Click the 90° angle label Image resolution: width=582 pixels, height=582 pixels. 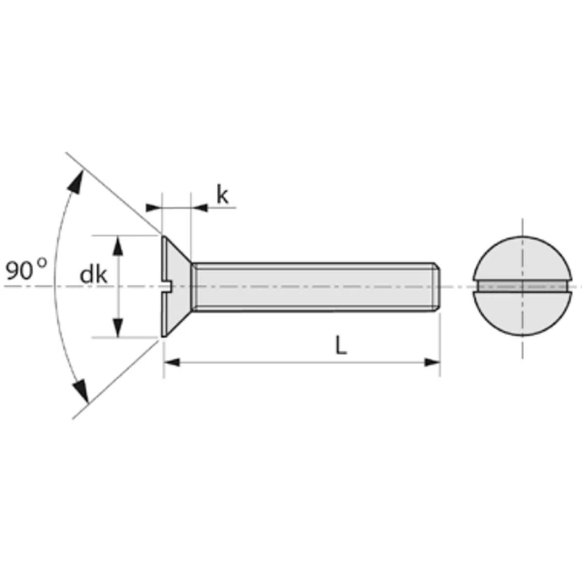pos(24,270)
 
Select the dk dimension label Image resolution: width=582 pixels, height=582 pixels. pos(93,275)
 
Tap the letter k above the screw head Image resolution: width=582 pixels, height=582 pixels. pos(222,195)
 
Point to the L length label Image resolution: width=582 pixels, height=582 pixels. pos(341,345)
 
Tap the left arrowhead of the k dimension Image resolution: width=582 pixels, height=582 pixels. pos(153,207)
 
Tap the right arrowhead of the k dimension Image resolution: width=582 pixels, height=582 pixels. pos(200,207)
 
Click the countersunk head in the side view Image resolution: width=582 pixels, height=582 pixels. pos(175,287)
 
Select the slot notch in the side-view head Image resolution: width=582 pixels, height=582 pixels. pos(167,286)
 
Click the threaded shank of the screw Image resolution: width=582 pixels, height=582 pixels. pos(310,287)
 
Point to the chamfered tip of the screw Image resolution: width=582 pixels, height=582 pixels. pos(439,287)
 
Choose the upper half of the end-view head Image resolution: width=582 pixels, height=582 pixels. pos(522,259)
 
